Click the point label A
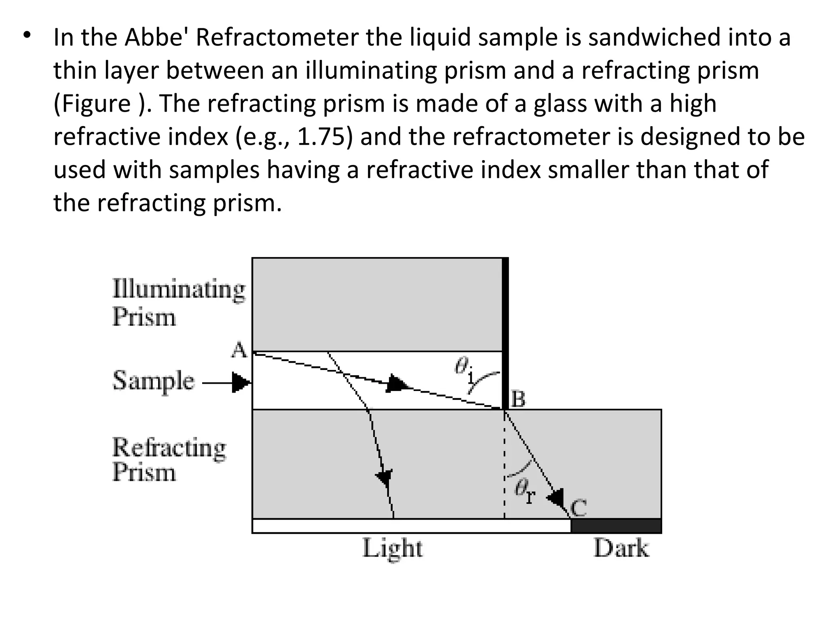239,350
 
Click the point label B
518,399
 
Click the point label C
579,508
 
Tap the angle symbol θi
464,369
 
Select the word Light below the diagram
392,549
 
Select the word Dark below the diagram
621,549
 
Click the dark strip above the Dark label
616,526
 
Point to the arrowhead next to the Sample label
241,382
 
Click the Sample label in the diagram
153,381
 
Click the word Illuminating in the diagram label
179,289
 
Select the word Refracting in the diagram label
169,448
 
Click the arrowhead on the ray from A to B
397,383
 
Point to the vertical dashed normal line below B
504,465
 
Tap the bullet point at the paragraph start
27,36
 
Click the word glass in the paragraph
559,103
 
